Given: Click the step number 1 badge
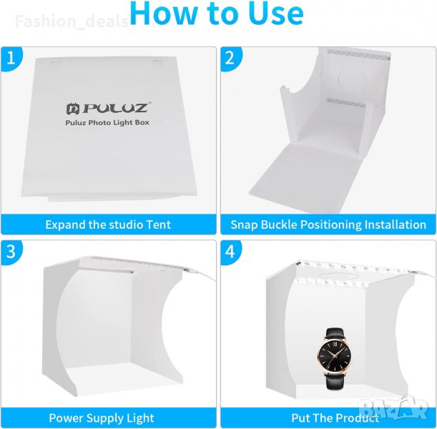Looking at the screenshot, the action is (11, 58).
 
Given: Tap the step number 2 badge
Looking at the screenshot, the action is (230, 58).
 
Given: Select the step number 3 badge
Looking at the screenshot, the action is (11, 251).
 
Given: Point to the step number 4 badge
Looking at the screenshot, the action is (230, 251).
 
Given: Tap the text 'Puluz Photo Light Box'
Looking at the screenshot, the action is (107, 122).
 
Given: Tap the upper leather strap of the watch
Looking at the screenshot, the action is (335, 333).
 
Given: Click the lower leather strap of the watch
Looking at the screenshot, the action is (335, 380).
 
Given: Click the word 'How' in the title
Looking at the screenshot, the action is (163, 13).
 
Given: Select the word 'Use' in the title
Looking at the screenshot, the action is (276, 14).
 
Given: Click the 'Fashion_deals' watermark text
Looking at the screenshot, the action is (72, 21).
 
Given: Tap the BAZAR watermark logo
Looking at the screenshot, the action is (393, 408).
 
